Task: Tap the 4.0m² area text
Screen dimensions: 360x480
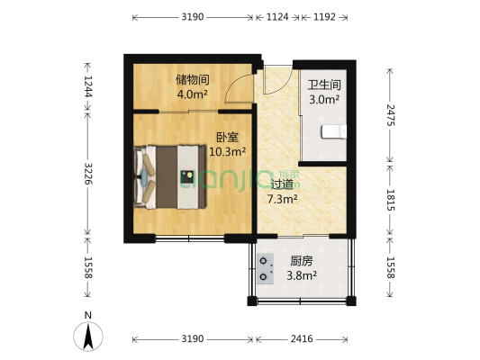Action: (193, 94)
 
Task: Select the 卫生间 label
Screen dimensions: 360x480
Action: (323, 85)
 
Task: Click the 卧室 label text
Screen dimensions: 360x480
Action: (227, 138)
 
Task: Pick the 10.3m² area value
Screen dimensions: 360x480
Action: (227, 152)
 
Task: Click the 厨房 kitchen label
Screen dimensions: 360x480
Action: (302, 262)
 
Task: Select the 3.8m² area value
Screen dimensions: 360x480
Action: (302, 275)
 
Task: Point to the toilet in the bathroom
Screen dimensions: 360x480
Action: (333, 132)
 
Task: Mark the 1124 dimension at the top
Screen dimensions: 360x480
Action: (277, 17)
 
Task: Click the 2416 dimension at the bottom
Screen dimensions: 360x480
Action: (302, 339)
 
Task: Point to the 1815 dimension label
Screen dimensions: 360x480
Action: (390, 197)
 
